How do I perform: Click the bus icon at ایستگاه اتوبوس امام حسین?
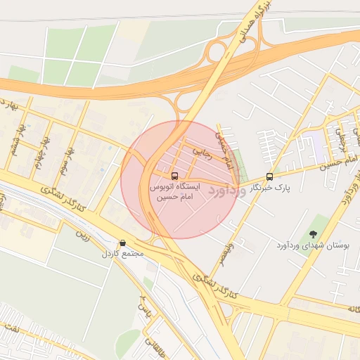[174, 176]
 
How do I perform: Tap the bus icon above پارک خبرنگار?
[270, 176]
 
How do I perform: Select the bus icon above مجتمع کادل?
[123, 243]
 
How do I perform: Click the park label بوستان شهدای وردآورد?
[320, 245]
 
